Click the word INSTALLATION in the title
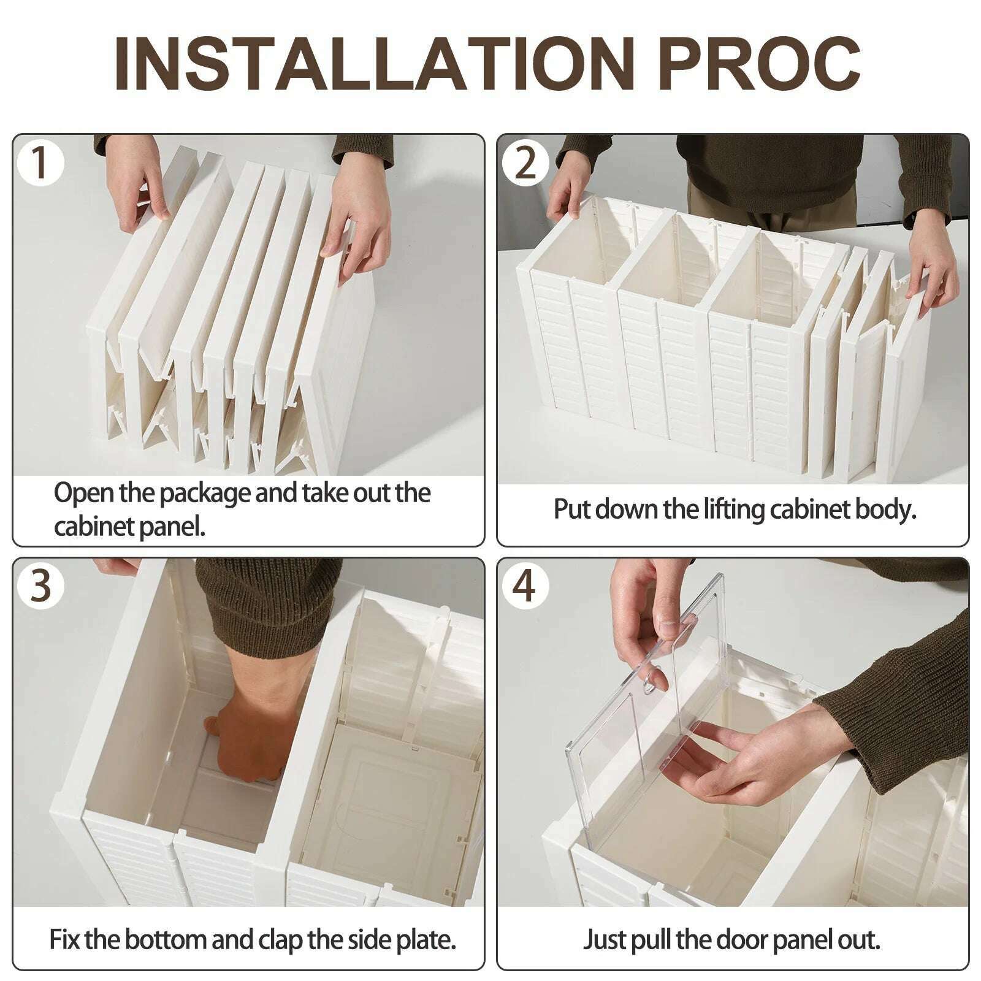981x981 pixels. point(374,64)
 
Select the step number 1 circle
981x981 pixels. point(40,162)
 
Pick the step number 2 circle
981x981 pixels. point(525,162)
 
